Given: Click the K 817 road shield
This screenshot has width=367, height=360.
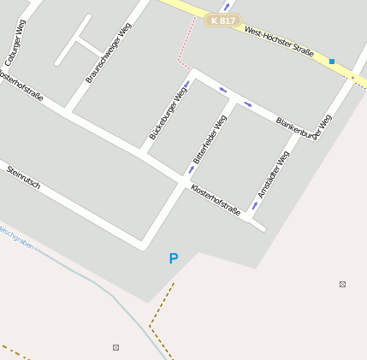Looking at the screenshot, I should (222, 20).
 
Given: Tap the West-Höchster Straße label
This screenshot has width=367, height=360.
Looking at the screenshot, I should (279, 43).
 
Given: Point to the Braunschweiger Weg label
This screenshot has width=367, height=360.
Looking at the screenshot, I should (109, 53).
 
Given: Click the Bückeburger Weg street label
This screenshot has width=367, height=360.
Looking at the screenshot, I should (168, 111).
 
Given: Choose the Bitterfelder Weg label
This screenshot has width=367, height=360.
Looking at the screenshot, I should (210, 139).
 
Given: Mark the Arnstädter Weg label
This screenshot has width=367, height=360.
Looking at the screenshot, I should (274, 174).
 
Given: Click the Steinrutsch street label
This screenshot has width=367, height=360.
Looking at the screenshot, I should (23, 177).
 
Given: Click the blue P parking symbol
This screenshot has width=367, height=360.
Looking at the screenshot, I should (174, 258).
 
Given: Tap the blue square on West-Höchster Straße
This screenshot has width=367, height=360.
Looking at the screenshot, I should (332, 62).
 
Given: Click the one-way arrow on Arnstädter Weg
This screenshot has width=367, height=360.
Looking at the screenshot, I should (255, 205).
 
